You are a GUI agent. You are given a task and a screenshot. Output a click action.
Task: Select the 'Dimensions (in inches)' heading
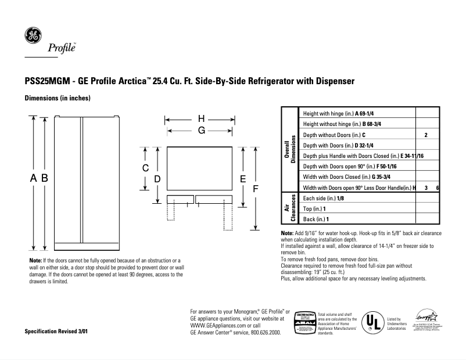tap(57, 98)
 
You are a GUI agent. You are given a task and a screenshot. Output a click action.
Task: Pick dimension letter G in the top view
tap(201, 131)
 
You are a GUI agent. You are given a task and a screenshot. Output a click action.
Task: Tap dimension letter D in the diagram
tap(157, 180)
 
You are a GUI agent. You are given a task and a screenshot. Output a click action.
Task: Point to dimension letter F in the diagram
tap(254, 189)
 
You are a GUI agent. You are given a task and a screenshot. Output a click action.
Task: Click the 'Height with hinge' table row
tap(341, 113)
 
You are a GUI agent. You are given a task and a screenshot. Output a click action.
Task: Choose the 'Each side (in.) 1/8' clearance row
tap(324, 198)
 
